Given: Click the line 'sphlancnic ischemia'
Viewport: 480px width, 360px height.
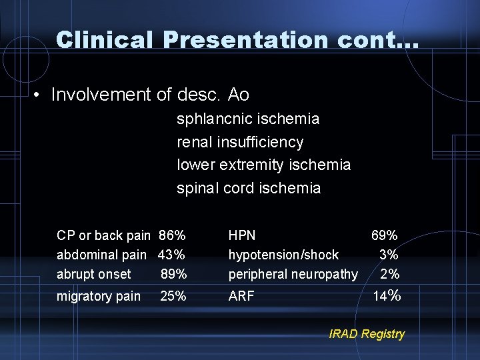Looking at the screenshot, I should [x=248, y=119].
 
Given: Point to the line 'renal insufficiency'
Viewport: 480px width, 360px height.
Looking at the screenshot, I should [x=240, y=142].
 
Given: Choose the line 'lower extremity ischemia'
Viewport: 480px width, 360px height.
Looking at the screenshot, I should [x=263, y=165].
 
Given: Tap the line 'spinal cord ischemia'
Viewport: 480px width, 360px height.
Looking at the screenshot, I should [x=249, y=188].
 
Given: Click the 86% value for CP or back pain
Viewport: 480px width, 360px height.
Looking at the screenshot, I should [x=172, y=235].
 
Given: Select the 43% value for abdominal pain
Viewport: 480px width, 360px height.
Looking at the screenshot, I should [x=171, y=255].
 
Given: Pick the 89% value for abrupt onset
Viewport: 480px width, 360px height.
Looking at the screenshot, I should [x=173, y=274].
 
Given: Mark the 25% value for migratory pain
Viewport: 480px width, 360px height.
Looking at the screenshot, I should [x=173, y=296].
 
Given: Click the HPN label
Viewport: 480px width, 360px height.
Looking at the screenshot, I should [x=242, y=235].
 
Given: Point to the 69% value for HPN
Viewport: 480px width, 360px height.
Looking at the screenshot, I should [x=385, y=235].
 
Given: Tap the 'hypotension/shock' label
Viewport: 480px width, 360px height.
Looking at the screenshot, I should [x=283, y=255].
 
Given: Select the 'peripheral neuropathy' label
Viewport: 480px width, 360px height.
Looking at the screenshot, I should [x=293, y=274].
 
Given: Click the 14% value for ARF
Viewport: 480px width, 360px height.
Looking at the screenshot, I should [x=387, y=296].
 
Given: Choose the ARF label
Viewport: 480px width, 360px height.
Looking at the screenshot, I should [x=241, y=296].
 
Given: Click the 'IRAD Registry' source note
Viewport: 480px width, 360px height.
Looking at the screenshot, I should [x=367, y=334].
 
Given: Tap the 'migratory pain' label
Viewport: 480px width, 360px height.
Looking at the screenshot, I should [x=99, y=296].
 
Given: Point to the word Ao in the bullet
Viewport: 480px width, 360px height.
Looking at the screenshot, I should [x=238, y=95].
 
